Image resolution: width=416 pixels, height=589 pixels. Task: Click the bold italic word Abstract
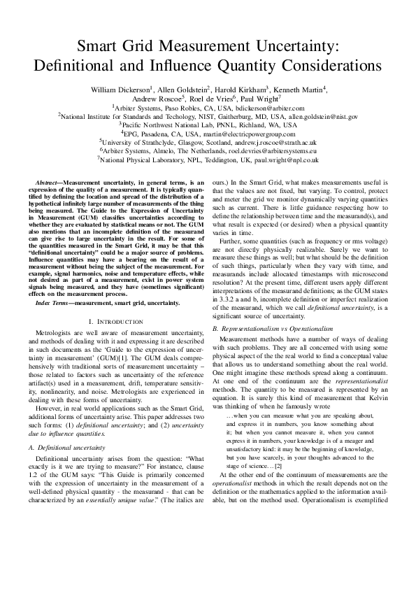(49, 182)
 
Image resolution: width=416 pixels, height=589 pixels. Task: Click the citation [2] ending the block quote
(278, 465)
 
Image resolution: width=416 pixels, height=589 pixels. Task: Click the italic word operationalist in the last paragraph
(232, 484)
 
